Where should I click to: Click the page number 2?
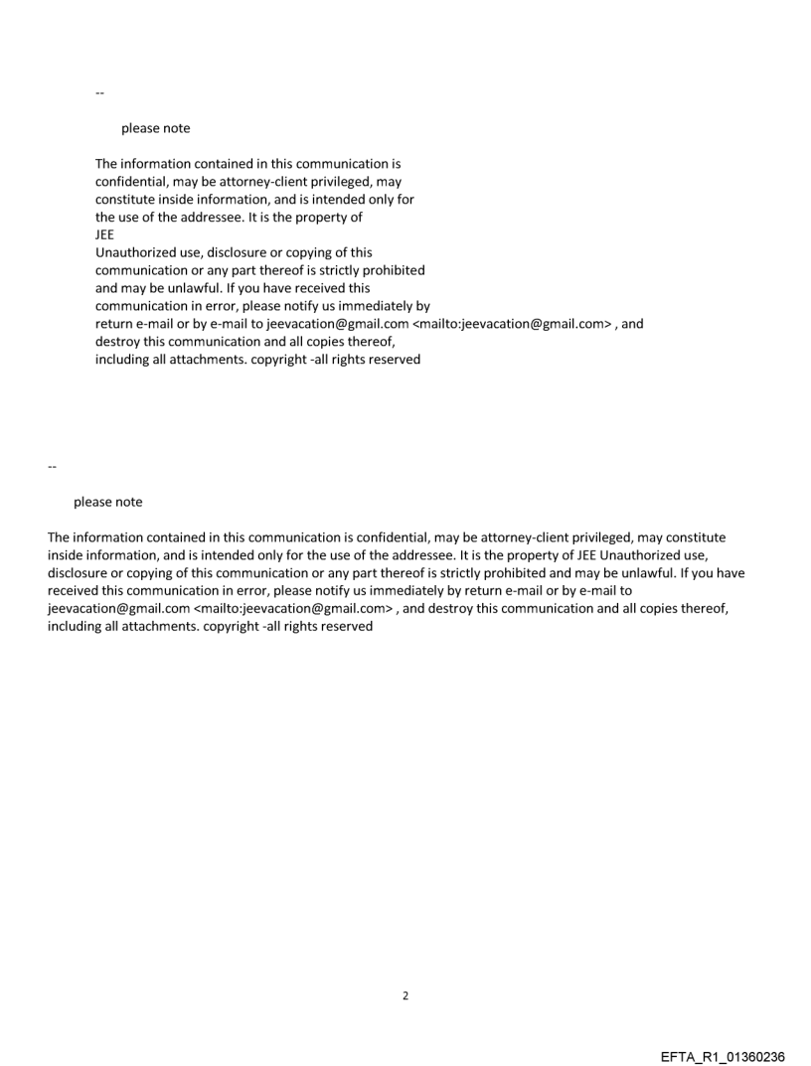click(x=405, y=995)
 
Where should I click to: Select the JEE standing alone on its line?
click(x=104, y=234)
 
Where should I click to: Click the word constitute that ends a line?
click(x=692, y=537)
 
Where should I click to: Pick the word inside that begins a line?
click(x=66, y=555)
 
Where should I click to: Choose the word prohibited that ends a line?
click(x=393, y=270)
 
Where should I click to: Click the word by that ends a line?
click(x=422, y=306)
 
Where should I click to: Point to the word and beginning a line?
click(x=107, y=288)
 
